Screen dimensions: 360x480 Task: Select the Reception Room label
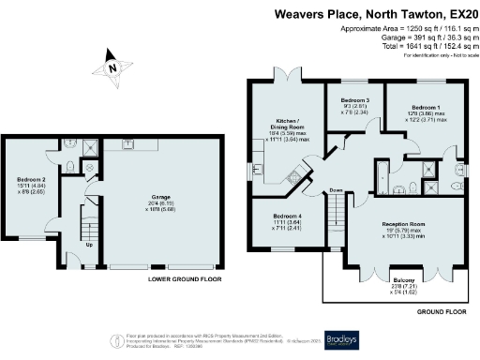tap(410, 224)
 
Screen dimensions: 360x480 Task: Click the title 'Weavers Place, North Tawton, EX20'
tap(374, 14)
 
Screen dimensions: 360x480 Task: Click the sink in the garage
tap(125, 143)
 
